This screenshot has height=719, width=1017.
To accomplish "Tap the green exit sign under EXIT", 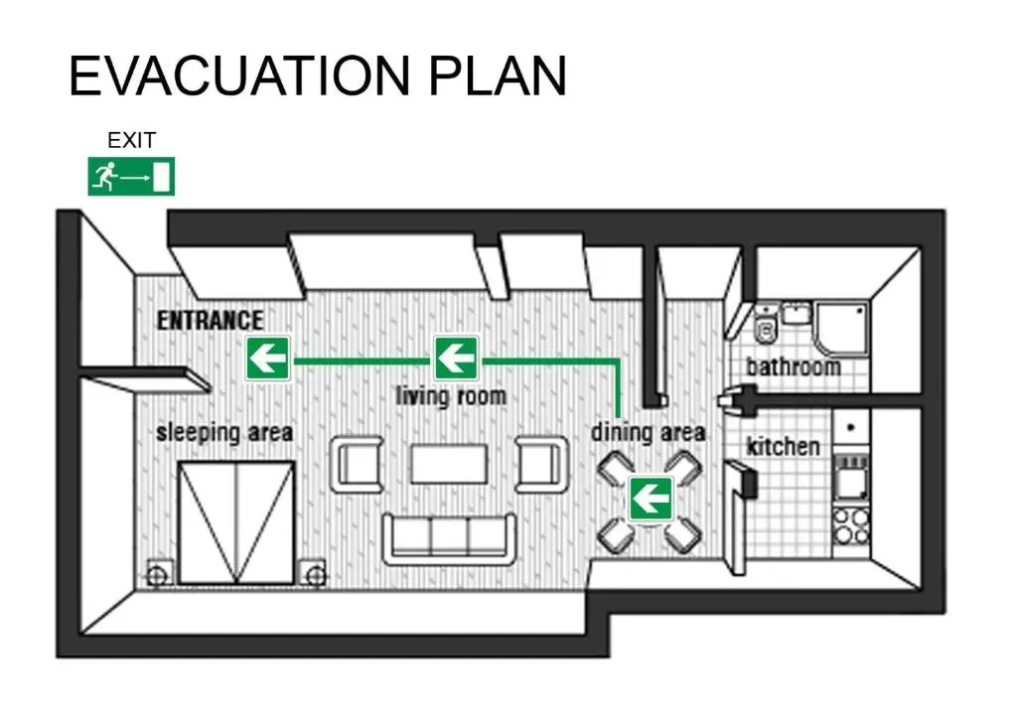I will click(x=131, y=177).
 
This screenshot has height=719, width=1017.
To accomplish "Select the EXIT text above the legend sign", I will click(x=131, y=141).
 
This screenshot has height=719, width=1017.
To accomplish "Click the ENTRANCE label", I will click(x=211, y=321).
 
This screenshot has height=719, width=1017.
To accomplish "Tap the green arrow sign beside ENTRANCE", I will click(x=268, y=358).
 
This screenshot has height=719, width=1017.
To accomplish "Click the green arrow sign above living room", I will click(x=456, y=358).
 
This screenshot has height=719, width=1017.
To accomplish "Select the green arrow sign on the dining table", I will click(x=651, y=498).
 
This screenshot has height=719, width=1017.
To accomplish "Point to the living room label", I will click(x=451, y=396).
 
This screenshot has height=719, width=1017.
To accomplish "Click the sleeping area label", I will click(x=224, y=433).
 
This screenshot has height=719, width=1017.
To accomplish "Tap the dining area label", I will click(x=649, y=433).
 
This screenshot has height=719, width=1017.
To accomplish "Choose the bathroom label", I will click(x=793, y=366).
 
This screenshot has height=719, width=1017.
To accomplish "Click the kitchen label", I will click(x=784, y=446).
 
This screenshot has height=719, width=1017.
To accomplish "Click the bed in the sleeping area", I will click(x=236, y=521).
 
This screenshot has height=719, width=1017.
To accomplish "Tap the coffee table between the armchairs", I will click(x=449, y=464).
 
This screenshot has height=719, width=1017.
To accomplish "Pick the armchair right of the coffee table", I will click(x=540, y=464).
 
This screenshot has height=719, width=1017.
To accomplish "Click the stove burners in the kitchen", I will click(x=850, y=526).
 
